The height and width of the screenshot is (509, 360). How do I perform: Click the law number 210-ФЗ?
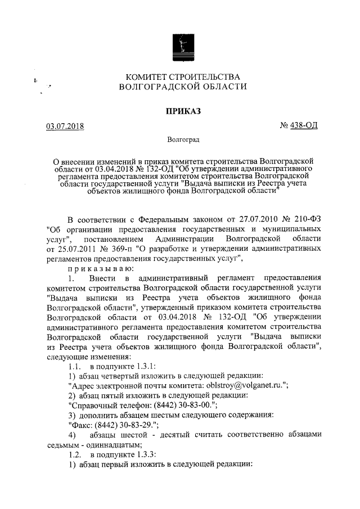click(307, 219)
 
